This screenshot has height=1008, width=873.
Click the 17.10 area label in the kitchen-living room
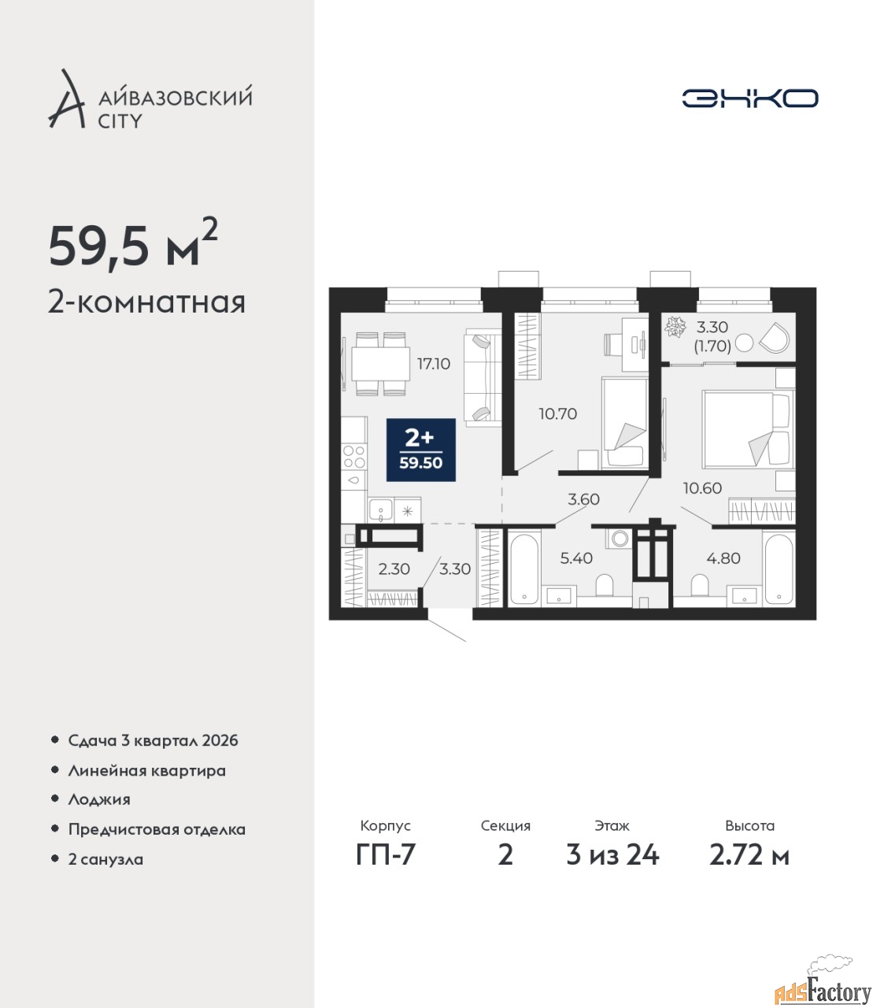point(433,364)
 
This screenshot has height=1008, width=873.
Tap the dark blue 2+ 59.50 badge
point(421,450)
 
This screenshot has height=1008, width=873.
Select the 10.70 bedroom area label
point(557,414)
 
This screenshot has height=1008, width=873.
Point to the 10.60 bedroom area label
point(702,487)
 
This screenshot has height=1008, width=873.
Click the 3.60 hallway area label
point(583,498)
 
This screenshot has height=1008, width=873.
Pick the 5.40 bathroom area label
point(576,558)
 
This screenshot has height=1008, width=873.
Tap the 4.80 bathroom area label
point(723,558)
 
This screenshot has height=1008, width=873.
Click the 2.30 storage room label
point(394,569)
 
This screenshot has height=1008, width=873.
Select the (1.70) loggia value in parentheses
point(712,346)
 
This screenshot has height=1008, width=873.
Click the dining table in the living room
point(381,363)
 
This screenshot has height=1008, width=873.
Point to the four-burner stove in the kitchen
point(354,457)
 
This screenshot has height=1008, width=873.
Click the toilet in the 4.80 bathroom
point(700,584)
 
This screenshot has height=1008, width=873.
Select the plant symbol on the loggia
point(676,326)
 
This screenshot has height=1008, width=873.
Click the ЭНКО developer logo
point(749,98)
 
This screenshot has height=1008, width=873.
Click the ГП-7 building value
point(385,854)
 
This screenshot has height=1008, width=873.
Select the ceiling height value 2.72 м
point(749,855)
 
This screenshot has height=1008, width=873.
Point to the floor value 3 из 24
point(612,855)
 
